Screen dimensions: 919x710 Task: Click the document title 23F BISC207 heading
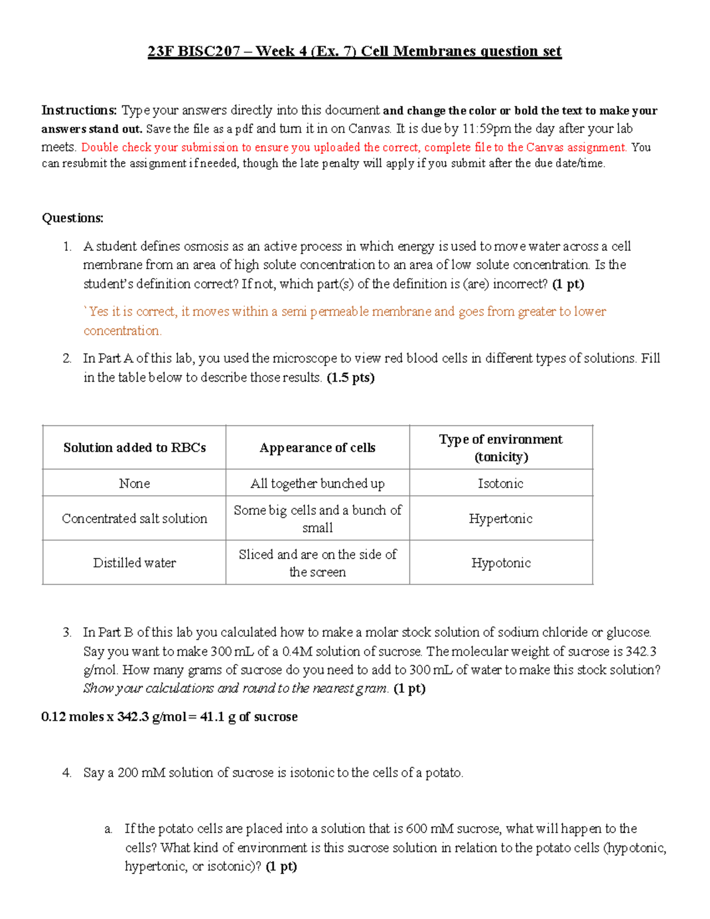tap(354, 51)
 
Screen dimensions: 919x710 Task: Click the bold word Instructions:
tap(79, 110)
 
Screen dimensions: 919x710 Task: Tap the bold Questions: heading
tap(72, 218)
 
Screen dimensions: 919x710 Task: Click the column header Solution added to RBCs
tap(134, 448)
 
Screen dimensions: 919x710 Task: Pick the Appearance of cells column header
tap(317, 448)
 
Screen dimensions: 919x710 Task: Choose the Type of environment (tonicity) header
tap(501, 448)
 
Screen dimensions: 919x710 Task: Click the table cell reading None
tap(134, 483)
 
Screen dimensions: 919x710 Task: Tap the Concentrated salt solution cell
tap(134, 518)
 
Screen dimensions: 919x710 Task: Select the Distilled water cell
tap(134, 563)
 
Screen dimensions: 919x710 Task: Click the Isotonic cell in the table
tap(501, 483)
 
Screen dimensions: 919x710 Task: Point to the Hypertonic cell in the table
tap(501, 518)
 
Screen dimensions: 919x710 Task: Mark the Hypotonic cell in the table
tap(501, 563)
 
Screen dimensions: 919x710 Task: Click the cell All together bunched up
tap(317, 483)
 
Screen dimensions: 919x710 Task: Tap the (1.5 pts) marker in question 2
tap(350, 378)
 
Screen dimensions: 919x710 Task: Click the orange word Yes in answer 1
tap(98, 312)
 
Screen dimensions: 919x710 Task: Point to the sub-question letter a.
tap(108, 829)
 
